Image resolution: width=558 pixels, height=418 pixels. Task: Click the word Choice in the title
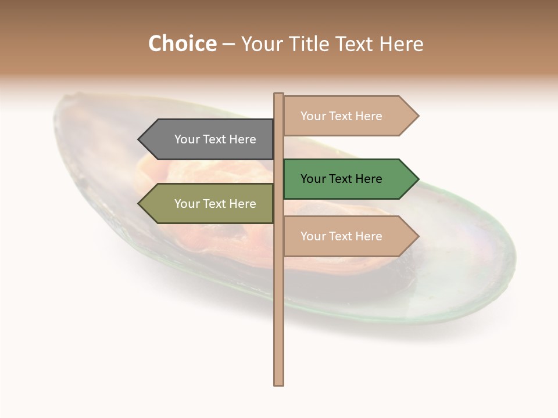click(x=182, y=44)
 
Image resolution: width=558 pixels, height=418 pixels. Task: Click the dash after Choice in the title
click(x=228, y=45)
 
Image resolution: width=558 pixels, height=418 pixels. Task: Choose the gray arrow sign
click(x=209, y=139)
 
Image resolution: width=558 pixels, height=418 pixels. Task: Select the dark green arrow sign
click(x=349, y=179)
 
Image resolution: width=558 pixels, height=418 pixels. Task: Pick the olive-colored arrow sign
click(x=209, y=204)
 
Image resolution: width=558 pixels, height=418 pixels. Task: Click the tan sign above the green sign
click(x=349, y=116)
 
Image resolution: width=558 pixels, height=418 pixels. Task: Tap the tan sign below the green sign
click(x=349, y=236)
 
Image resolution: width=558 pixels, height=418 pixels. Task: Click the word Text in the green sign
click(x=342, y=179)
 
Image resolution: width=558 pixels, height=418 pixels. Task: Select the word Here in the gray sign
click(x=242, y=139)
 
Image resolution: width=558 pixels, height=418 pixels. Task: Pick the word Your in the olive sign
click(x=187, y=204)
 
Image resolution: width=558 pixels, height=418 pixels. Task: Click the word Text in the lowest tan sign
click(x=342, y=236)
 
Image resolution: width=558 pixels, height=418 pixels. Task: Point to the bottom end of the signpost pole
click(x=278, y=383)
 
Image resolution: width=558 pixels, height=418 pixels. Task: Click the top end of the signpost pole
click(x=278, y=95)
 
